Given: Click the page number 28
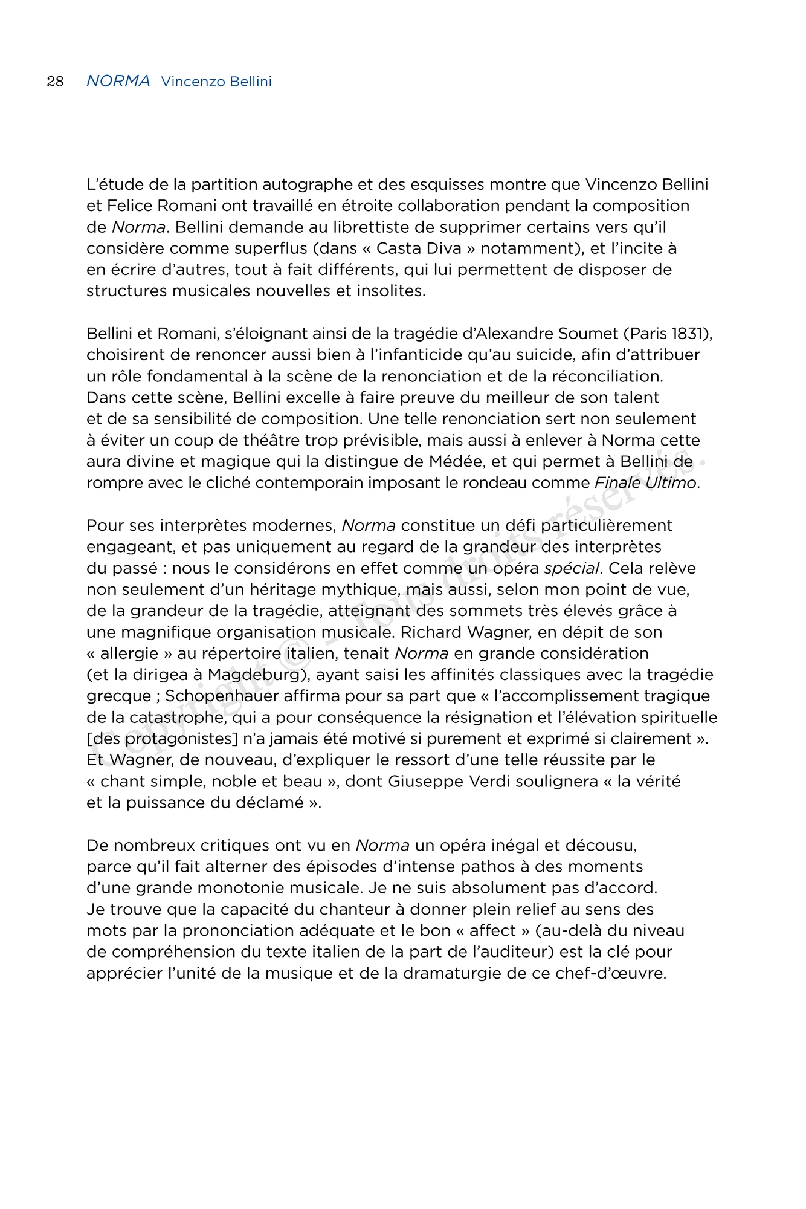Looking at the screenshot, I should click(x=55, y=82).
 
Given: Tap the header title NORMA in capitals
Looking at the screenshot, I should click(x=118, y=81).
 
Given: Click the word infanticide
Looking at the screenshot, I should click(x=426, y=355).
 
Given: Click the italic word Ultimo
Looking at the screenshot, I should click(x=671, y=483).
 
